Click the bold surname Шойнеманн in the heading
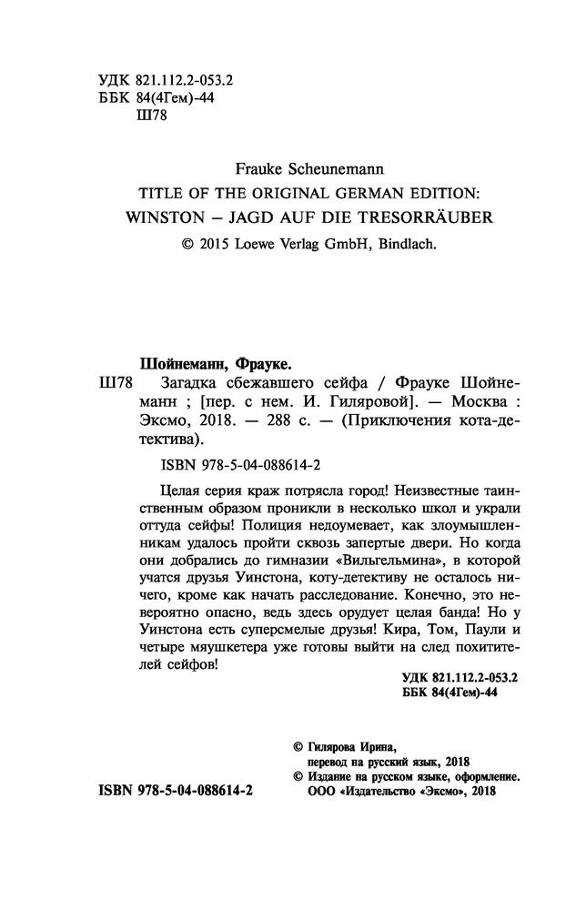point(171,360)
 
